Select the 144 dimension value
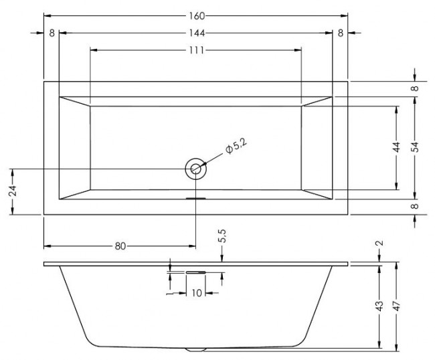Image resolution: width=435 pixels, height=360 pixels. click(x=196, y=33)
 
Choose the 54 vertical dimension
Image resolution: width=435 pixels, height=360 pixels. click(x=415, y=148)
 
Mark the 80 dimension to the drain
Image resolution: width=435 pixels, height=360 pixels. click(x=120, y=245)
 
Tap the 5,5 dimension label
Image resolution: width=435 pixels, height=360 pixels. click(x=222, y=237)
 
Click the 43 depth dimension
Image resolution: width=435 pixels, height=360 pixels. click(x=379, y=306)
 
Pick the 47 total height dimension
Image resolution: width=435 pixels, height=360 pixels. click(x=398, y=306)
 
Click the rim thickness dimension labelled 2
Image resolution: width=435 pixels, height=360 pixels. click(x=379, y=244)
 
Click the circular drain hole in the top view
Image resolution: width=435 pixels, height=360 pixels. click(x=196, y=169)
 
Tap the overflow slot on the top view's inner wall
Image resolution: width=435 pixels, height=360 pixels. click(x=196, y=198)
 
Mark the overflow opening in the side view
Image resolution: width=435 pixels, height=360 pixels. click(x=196, y=272)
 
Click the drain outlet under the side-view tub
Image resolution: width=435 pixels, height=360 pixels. click(x=196, y=349)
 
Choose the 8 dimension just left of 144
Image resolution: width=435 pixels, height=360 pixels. click(x=52, y=33)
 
